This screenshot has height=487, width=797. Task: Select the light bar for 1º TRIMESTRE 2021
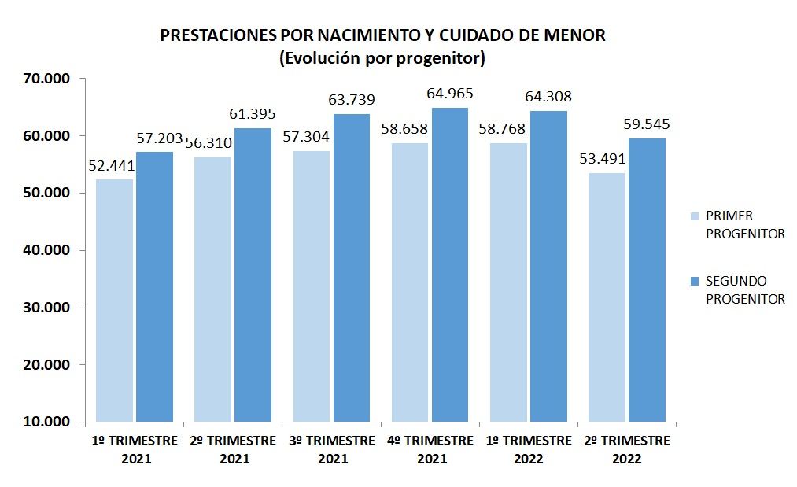(114, 300)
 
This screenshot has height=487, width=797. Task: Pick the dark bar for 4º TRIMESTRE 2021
(449, 264)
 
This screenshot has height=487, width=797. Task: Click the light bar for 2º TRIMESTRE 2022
(607, 297)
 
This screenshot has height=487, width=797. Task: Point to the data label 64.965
(450, 94)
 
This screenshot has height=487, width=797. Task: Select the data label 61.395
(252, 114)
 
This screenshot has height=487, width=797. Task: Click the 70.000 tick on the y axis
(46, 79)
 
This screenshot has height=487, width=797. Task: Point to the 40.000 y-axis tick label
(46, 250)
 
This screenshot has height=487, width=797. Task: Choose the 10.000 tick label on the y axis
(46, 422)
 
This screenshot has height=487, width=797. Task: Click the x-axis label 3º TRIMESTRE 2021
(330, 449)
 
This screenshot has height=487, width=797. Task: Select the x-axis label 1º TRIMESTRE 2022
(527, 449)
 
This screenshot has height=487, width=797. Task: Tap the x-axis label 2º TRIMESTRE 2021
(233, 449)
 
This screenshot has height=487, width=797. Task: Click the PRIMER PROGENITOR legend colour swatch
(694, 216)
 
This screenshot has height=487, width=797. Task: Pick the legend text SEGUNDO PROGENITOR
(744, 290)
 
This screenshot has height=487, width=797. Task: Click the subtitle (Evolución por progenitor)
(382, 58)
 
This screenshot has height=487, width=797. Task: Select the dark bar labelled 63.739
(351, 267)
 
